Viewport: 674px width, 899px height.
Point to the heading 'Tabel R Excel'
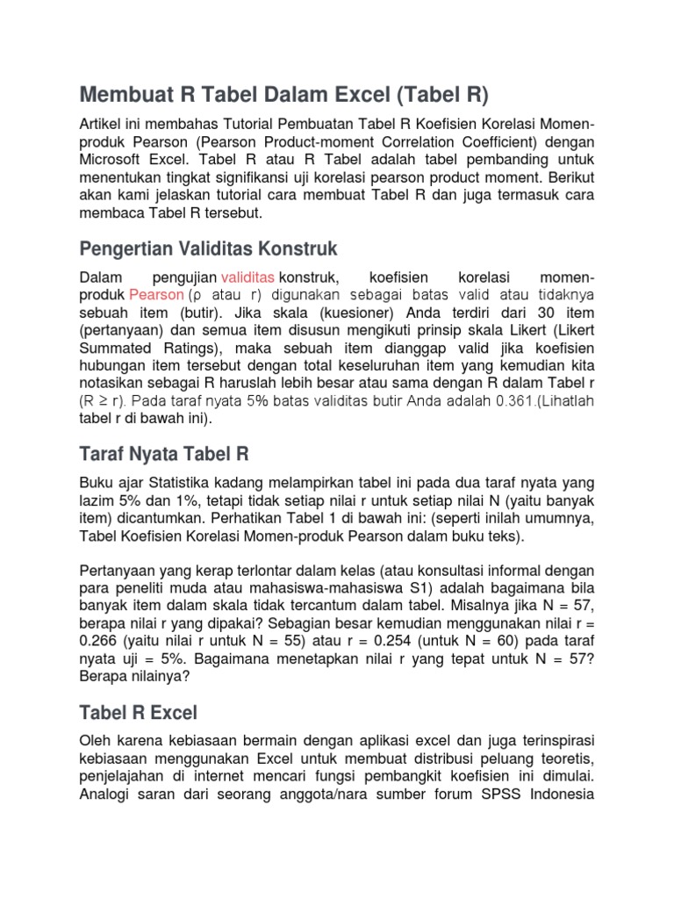tap(139, 712)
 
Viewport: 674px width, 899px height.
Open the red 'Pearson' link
tap(156, 294)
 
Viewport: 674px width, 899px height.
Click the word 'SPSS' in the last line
tap(515, 794)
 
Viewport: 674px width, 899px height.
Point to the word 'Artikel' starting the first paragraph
tap(103, 124)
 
